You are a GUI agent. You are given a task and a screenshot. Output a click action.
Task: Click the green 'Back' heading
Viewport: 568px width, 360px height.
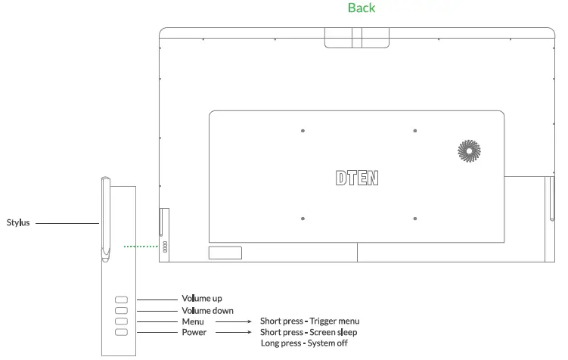pos(362,8)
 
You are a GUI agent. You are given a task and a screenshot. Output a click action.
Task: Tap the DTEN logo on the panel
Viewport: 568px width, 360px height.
pos(357,178)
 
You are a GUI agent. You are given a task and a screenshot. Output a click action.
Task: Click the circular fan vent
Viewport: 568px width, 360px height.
pos(469,151)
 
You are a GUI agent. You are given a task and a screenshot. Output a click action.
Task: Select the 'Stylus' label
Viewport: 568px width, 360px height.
pos(18,222)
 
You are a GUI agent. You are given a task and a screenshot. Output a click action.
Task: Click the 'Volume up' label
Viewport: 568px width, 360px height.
pos(202,299)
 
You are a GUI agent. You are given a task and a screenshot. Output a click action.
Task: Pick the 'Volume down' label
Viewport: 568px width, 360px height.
pos(207,310)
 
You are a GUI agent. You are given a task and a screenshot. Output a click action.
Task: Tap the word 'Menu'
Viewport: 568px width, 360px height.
pos(193,321)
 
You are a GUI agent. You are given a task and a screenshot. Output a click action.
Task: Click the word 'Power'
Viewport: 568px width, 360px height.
pos(194,332)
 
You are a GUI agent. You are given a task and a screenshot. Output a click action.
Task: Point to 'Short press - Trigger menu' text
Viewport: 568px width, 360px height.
pos(310,321)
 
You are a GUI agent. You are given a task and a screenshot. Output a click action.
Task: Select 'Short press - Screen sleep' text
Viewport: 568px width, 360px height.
pos(309,332)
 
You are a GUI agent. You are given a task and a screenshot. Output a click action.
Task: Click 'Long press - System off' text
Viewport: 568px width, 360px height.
pos(304,343)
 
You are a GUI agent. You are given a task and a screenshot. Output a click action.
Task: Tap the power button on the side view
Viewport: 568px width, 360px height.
pos(121,332)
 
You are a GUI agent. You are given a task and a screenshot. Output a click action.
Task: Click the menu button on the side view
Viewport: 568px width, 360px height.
pos(121,321)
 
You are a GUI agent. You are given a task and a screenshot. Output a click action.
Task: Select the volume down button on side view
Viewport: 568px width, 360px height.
pos(121,310)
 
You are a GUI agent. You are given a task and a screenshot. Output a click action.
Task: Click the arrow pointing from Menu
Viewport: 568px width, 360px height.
pos(233,321)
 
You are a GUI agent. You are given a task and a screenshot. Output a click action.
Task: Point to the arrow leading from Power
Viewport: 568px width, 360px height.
pos(233,332)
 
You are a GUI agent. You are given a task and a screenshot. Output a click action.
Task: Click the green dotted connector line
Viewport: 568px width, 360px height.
pos(141,247)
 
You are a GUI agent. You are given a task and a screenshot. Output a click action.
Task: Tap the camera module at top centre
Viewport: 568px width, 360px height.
pos(357,38)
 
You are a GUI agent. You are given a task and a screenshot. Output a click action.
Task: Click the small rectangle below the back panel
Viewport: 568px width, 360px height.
pos(225,253)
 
